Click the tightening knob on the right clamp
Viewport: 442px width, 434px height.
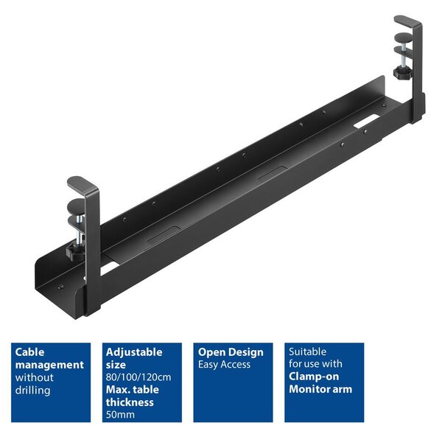coord(402,72)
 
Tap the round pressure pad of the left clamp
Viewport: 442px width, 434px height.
coord(76,206)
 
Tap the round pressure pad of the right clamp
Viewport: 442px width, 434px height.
coord(403,38)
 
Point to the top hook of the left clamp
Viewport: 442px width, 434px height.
coord(83,183)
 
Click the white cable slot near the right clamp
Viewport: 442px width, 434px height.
coord(366,121)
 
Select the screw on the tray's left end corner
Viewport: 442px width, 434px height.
coord(60,287)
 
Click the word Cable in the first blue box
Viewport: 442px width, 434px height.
coord(29,352)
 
